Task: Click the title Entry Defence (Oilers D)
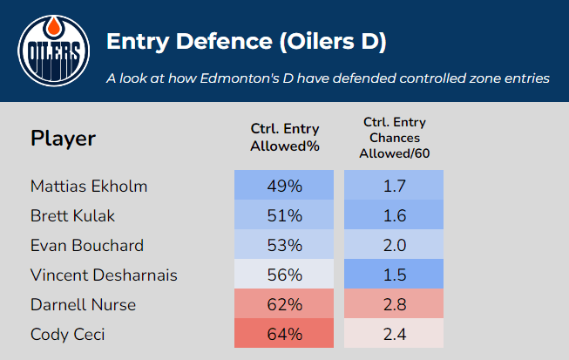click(247, 41)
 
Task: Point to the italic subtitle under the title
click(327, 78)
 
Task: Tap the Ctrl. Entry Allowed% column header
click(284, 138)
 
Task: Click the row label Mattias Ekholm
click(89, 186)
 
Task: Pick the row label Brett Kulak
click(71, 215)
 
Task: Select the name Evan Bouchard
click(86, 245)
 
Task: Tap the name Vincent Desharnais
click(104, 275)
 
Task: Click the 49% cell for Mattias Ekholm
click(284, 186)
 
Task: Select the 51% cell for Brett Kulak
click(284, 215)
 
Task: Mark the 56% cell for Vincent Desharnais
click(284, 275)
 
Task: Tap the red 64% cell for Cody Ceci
click(284, 334)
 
